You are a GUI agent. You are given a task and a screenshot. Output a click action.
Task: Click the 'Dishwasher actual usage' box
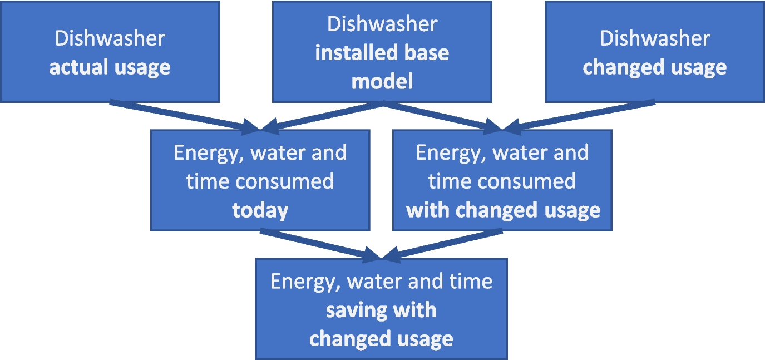click(110, 52)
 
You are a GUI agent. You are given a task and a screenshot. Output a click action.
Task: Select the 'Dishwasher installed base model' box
click(382, 52)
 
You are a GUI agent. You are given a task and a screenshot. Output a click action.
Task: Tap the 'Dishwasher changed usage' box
click(654, 52)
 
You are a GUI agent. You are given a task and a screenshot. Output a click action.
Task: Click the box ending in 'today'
click(260, 180)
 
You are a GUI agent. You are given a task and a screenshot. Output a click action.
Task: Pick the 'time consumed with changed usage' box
click(502, 180)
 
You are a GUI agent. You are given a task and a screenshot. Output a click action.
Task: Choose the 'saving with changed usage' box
click(381, 309)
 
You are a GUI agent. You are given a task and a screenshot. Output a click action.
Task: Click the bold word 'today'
click(260, 210)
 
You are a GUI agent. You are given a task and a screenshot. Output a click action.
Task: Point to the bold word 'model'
click(382, 82)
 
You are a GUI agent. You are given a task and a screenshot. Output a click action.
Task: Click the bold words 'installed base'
click(382, 53)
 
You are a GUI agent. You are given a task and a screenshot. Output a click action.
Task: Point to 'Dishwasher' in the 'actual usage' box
click(110, 38)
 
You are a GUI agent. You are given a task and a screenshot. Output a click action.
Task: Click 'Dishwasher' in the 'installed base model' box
click(382, 24)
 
